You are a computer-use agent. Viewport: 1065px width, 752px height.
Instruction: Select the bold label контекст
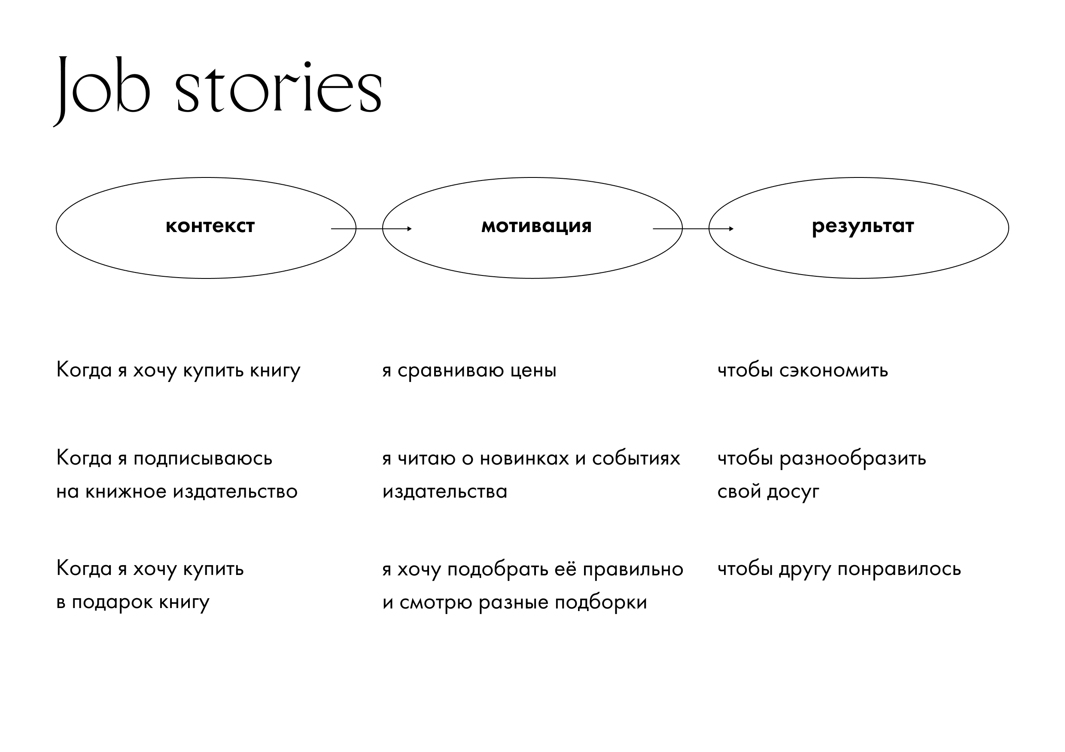tap(210, 226)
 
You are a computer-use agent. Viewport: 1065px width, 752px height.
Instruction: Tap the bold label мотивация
tap(537, 226)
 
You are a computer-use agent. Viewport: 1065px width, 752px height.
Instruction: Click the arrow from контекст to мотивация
tap(371, 228)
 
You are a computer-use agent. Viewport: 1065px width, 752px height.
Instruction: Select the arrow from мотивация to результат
tap(693, 228)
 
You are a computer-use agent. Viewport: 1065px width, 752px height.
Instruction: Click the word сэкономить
tap(834, 370)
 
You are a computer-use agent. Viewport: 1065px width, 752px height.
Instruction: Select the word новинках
tap(524, 459)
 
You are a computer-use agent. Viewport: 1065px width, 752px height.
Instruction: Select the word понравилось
tap(899, 569)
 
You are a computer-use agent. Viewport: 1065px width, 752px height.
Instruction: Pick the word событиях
tap(636, 459)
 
